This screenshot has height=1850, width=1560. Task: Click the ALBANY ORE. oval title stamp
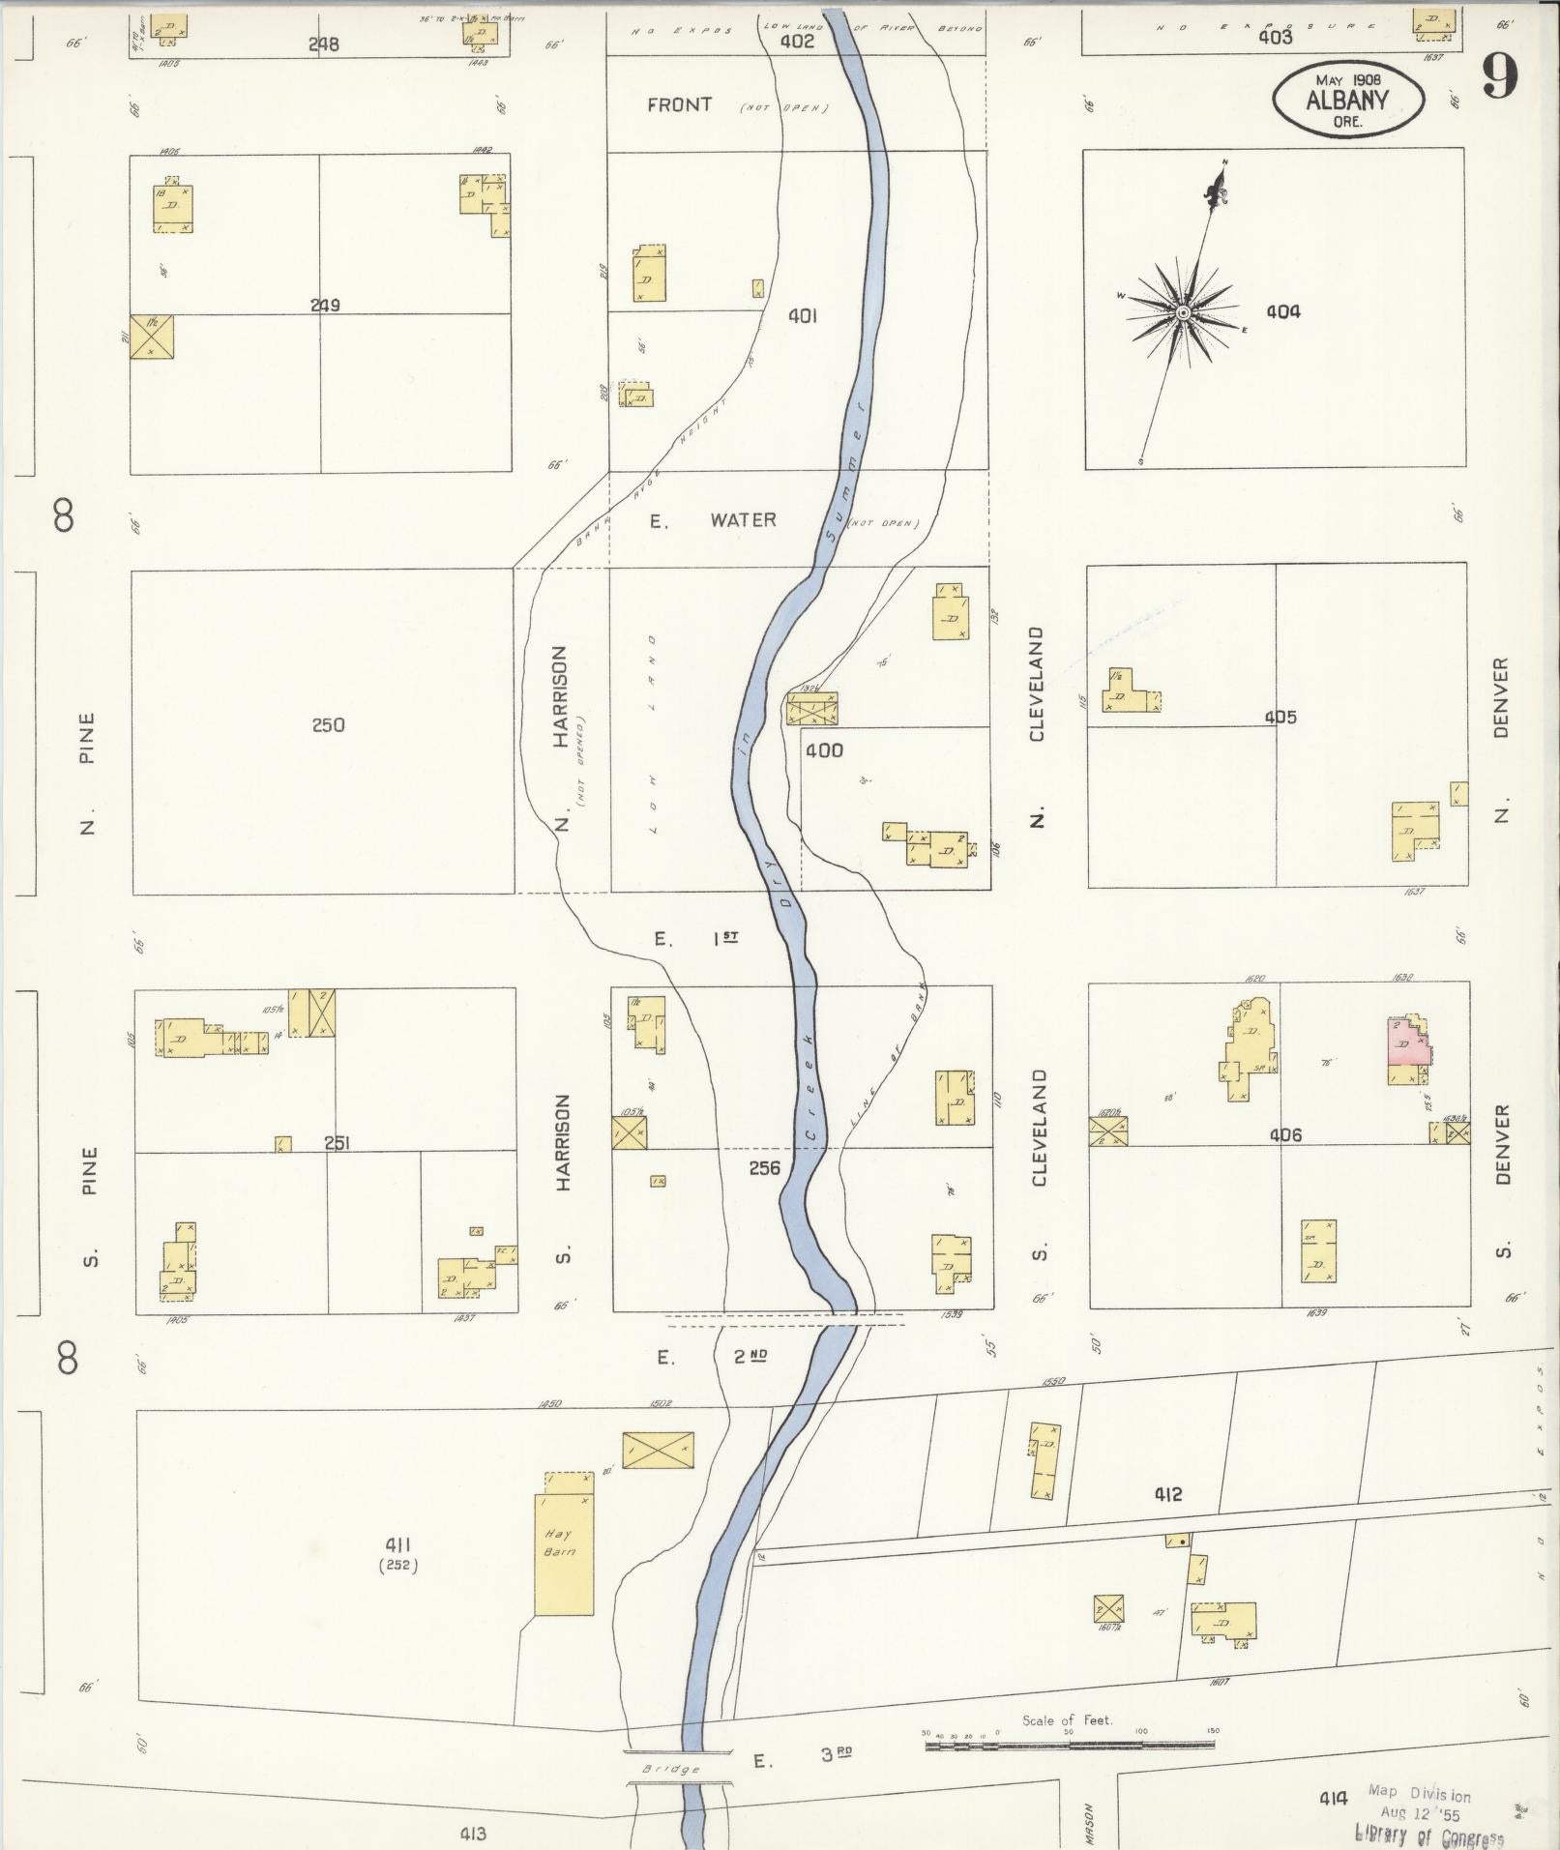coord(1347,100)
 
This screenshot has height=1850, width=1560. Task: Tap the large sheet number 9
coord(1499,76)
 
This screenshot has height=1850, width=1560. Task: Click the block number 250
coord(328,725)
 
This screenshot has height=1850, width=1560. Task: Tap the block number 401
coord(803,315)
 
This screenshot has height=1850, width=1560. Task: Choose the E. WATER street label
coord(713,520)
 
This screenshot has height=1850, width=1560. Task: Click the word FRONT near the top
coord(679,104)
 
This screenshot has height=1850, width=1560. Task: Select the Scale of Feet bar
coord(1069,1746)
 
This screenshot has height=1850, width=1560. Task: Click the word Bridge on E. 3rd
coord(671,1769)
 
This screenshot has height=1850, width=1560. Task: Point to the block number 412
coord(1167,1494)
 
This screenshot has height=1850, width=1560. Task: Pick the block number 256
coord(764,1168)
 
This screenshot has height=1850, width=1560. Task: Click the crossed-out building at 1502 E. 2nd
coord(658,1450)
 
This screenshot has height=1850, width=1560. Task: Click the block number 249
coord(324,306)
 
